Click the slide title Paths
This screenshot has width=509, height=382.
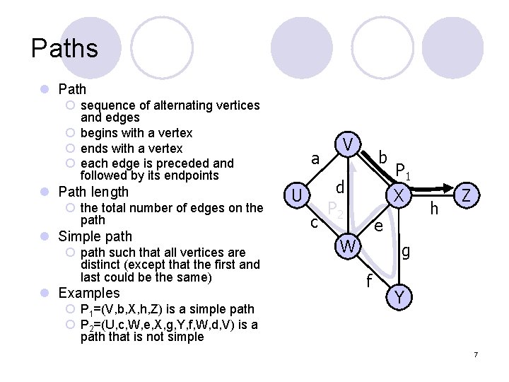point(64,49)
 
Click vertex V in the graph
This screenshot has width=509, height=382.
point(348,145)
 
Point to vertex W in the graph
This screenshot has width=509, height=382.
point(347,247)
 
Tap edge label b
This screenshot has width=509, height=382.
point(382,156)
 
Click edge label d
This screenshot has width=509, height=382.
point(340,187)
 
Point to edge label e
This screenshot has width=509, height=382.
point(378,226)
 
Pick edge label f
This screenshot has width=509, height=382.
point(369,281)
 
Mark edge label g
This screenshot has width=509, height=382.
point(406,250)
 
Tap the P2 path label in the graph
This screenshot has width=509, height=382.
point(335,209)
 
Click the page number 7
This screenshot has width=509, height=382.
point(476,354)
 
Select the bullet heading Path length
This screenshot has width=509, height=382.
point(93,192)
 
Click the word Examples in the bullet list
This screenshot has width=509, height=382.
point(89,293)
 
